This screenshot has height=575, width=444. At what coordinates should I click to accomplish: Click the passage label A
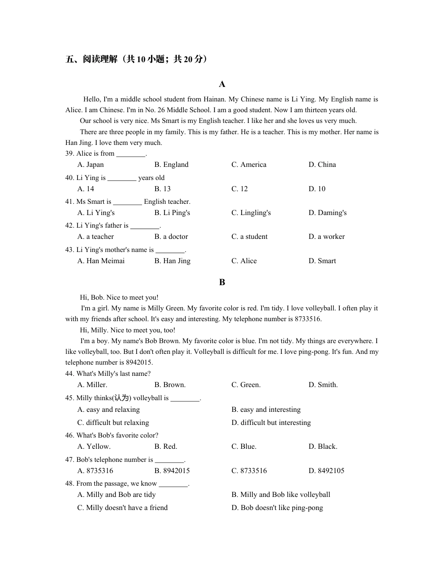click(222, 84)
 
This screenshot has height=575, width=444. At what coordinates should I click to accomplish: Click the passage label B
click(222, 282)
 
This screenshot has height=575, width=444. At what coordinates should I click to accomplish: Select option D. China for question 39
click(322, 165)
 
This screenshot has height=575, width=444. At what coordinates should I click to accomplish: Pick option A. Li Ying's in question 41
click(96, 213)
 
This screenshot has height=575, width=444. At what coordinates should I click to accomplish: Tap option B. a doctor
click(171, 237)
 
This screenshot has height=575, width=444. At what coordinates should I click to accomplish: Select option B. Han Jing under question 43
click(172, 261)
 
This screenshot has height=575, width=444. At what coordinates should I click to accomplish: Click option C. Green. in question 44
click(246, 385)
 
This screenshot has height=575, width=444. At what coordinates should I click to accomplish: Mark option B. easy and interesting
click(266, 410)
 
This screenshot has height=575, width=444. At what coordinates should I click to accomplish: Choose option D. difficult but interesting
click(271, 423)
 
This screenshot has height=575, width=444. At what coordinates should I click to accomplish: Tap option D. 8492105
click(326, 471)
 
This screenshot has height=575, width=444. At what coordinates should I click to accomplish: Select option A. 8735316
click(95, 471)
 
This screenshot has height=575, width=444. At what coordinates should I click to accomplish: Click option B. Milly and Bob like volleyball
click(281, 495)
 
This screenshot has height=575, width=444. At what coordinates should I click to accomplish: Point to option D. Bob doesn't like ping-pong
click(277, 508)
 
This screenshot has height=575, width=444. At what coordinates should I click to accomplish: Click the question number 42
click(70, 225)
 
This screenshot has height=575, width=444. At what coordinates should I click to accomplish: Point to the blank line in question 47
click(169, 460)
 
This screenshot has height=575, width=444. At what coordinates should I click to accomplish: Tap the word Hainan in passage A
click(215, 99)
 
